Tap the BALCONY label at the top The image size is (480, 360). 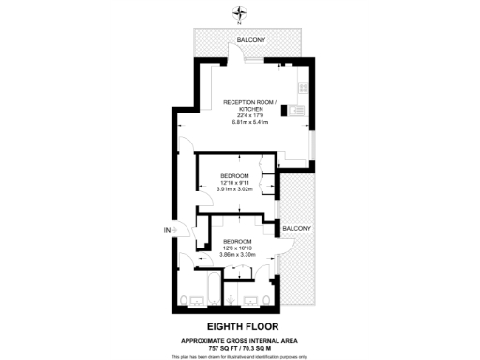[249, 40]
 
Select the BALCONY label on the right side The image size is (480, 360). [297, 228]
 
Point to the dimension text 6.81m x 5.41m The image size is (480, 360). [248, 124]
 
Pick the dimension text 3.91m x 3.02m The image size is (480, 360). [234, 189]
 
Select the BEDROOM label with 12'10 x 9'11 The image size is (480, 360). [234, 176]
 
